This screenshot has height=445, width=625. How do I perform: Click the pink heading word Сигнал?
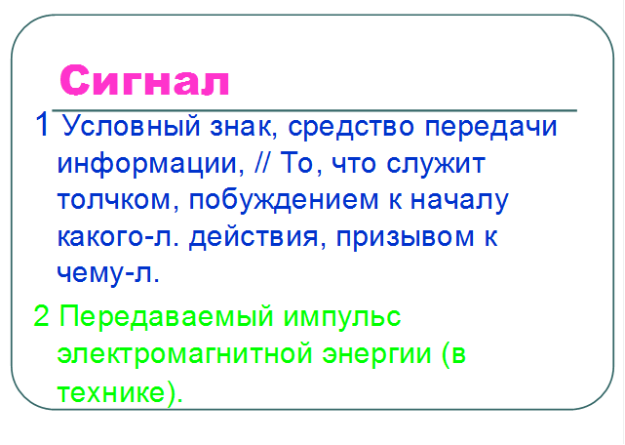[x=144, y=80]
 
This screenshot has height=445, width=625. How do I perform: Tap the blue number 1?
[x=43, y=125]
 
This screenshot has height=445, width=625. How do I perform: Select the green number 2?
[x=42, y=315]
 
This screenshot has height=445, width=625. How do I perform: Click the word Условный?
[x=131, y=126]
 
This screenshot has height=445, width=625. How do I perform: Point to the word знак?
[x=244, y=127]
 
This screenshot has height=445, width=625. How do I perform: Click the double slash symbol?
[x=262, y=162]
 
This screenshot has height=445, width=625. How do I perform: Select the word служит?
[x=436, y=164]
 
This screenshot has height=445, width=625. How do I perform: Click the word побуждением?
[x=284, y=201]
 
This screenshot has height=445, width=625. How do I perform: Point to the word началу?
[x=459, y=201]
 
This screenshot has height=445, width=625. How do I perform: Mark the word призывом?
[x=406, y=238]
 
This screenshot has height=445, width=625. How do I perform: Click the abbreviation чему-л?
[x=108, y=274]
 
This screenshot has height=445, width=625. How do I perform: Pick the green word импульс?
[x=342, y=317]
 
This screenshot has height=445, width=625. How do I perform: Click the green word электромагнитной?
[x=185, y=353]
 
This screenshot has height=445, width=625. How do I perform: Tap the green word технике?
[x=111, y=392]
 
